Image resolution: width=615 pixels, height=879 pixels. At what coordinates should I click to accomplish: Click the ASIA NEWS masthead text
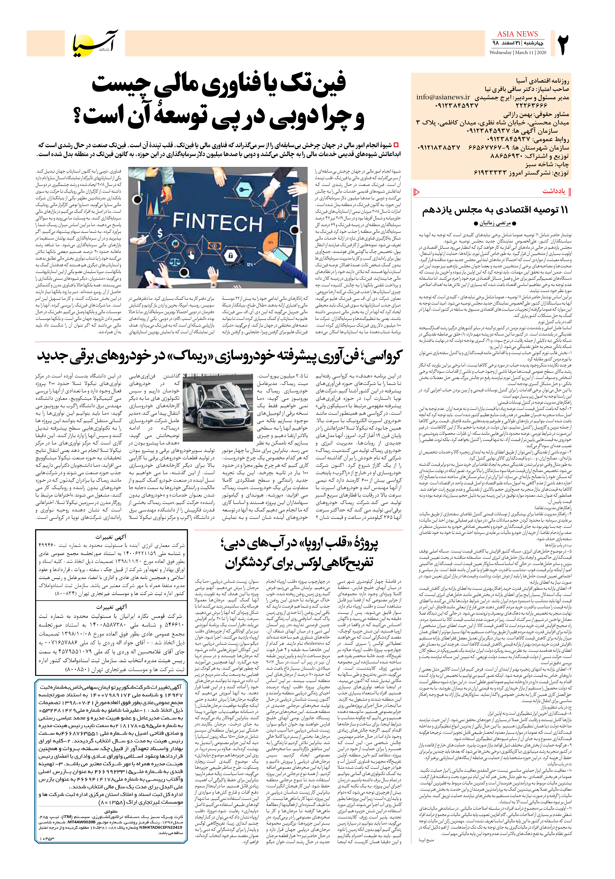[x=517, y=34]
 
